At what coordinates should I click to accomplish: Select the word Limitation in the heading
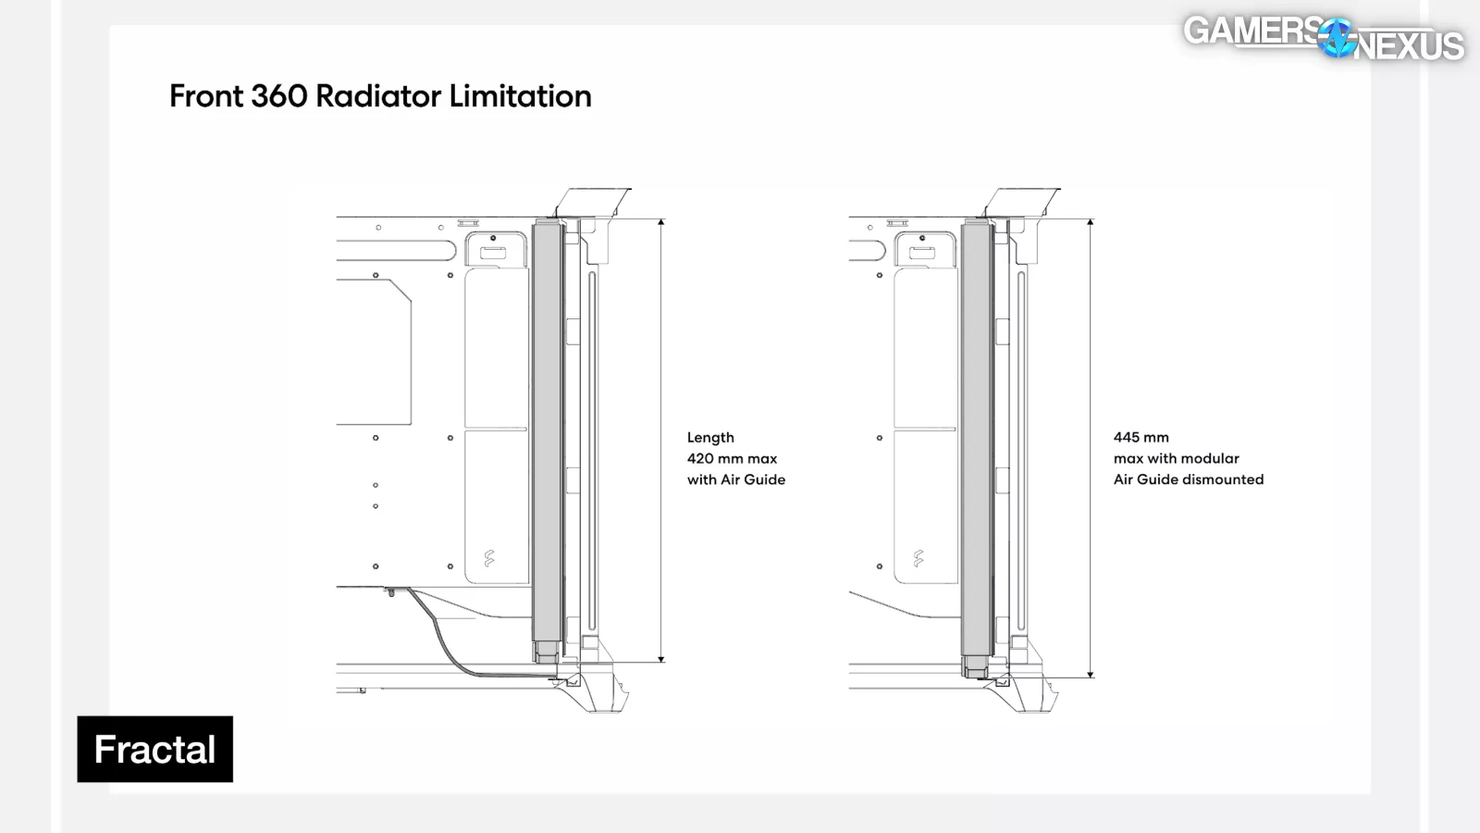[520, 96]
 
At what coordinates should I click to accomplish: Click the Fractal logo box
[154, 749]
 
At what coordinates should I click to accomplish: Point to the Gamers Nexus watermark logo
[1323, 38]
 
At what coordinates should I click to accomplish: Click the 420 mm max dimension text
[732, 458]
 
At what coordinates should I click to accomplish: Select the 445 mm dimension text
[1141, 437]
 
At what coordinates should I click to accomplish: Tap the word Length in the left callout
[710, 437]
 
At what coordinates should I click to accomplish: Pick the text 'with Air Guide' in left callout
[736, 479]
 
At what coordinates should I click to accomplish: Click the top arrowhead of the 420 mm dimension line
[661, 222]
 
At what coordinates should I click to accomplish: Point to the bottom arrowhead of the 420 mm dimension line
[661, 659]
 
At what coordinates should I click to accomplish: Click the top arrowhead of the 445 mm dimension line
[1091, 222]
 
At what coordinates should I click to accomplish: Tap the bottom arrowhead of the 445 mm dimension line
[1091, 675]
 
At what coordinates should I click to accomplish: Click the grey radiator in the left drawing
[547, 435]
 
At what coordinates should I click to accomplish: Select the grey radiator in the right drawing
[976, 435]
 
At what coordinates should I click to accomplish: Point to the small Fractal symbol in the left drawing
[489, 558]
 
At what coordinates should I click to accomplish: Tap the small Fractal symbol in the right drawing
[919, 558]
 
